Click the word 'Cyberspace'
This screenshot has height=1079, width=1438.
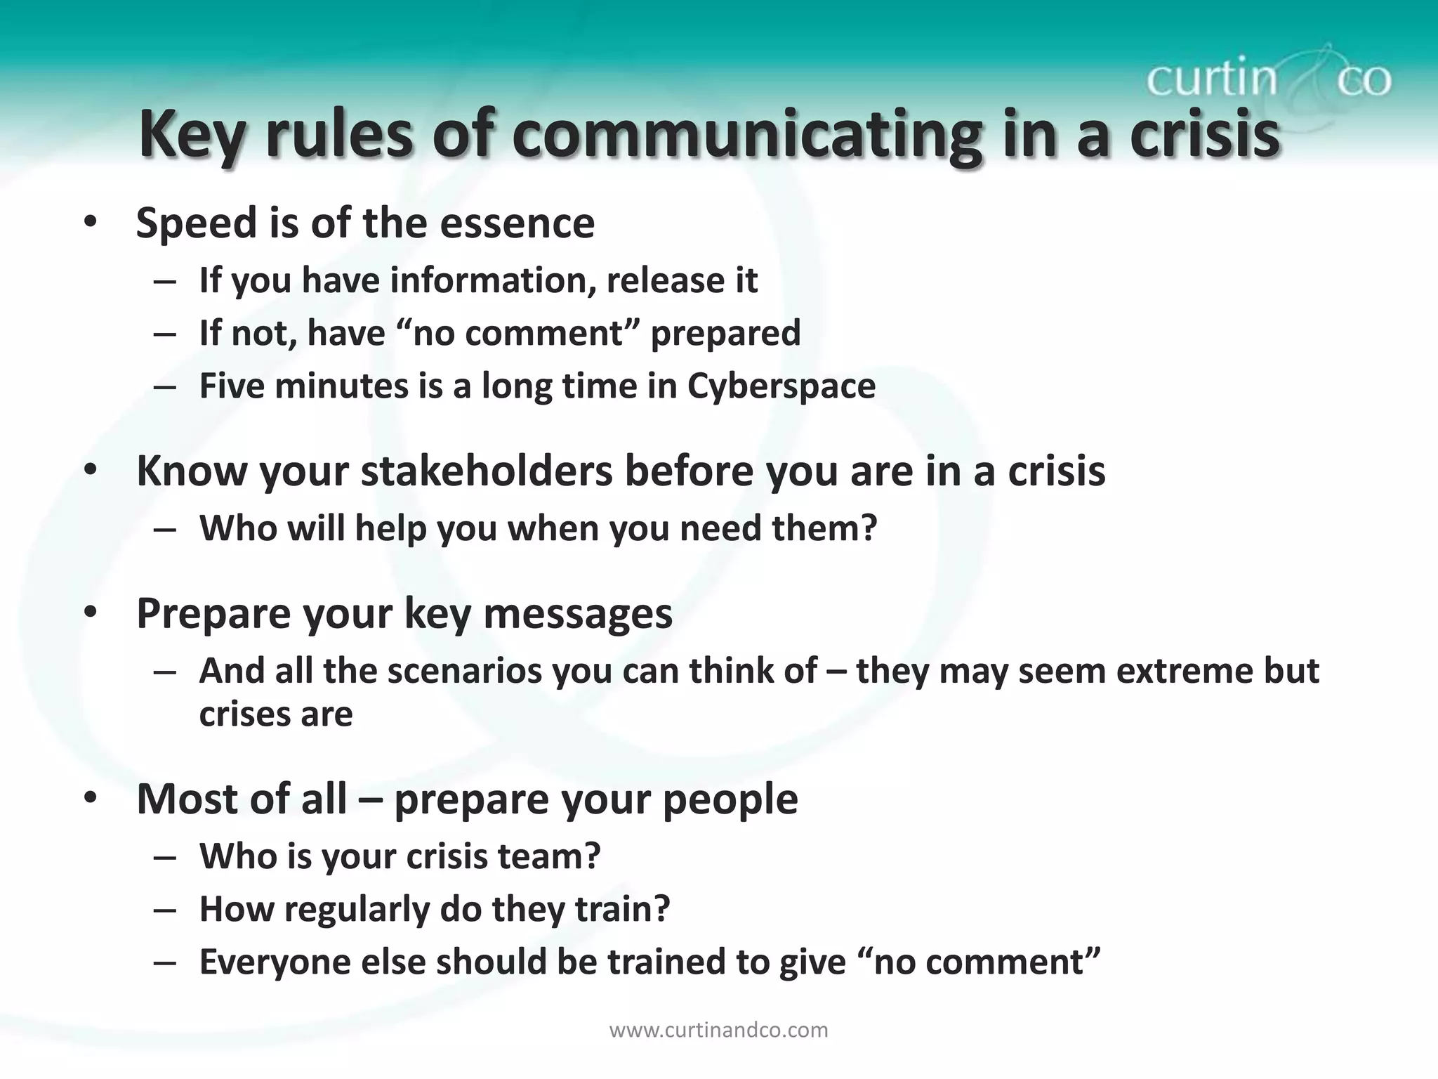781,386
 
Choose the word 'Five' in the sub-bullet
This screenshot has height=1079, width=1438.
232,386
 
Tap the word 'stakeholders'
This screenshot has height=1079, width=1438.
487,471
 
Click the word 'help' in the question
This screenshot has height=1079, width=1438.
390,528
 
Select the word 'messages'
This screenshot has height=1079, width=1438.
578,613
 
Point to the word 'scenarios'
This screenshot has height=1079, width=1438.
464,671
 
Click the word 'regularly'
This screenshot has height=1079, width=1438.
356,909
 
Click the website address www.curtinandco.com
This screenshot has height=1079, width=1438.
718,1031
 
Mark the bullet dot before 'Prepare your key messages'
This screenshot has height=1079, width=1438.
90,613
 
